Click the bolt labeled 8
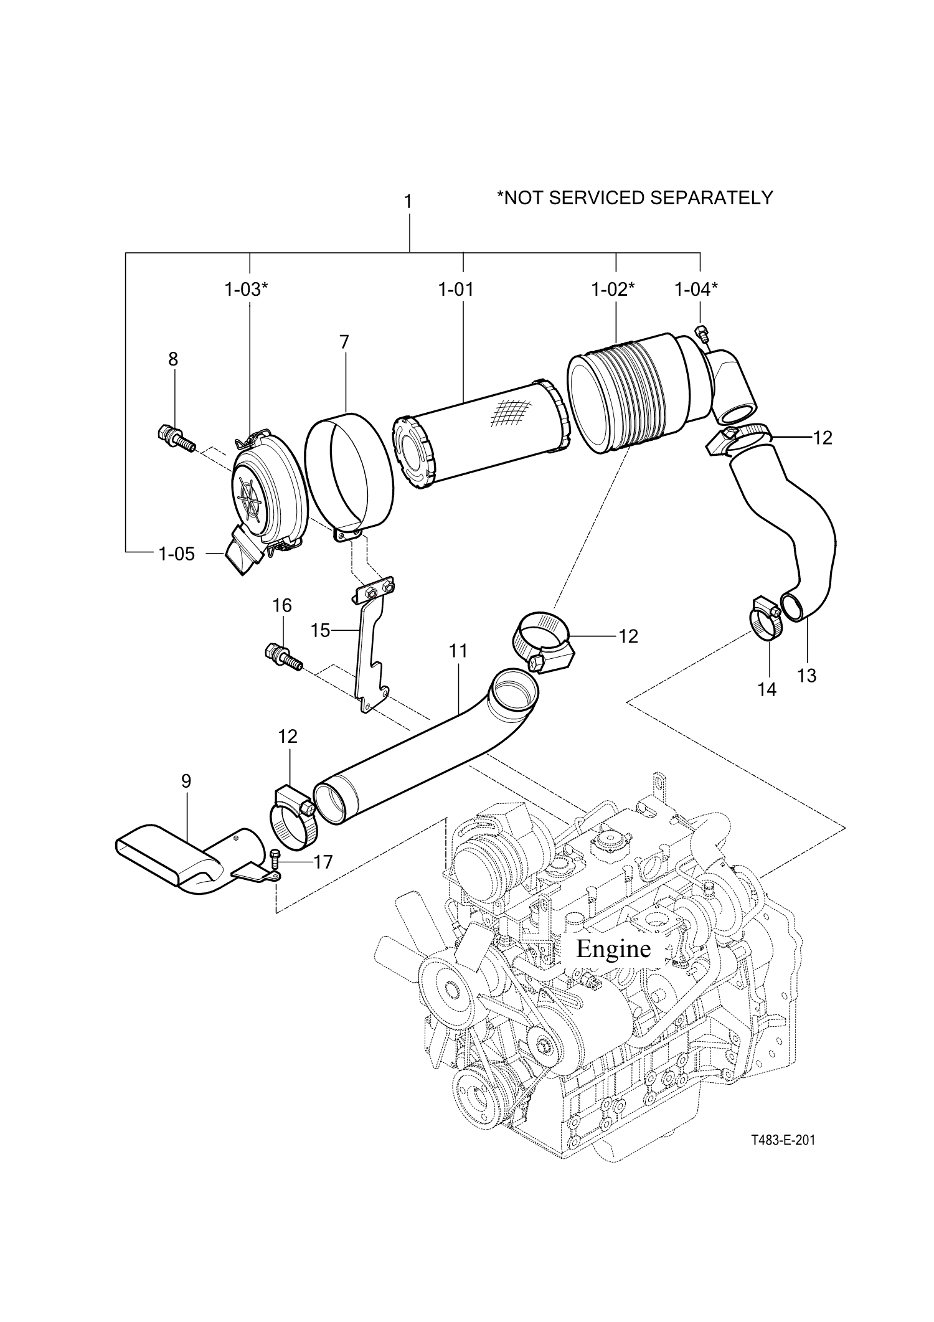tap(176, 438)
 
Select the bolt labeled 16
tap(283, 658)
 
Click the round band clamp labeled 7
tap(349, 476)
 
